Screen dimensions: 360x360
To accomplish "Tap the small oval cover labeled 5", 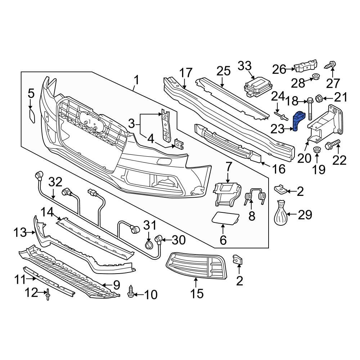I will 31,118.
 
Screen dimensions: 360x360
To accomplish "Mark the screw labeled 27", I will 330,66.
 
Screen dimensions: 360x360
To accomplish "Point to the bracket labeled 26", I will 306,67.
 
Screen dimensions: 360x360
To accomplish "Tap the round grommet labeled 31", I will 148,245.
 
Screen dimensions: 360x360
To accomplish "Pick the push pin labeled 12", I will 48,295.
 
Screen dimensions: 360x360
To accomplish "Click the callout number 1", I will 136,79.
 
